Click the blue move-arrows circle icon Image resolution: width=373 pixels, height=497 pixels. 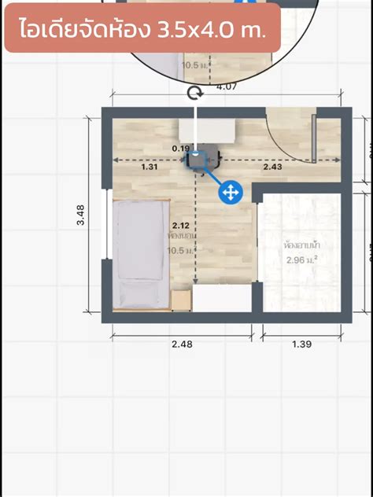(230, 192)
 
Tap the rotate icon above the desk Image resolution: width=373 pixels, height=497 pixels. (195, 94)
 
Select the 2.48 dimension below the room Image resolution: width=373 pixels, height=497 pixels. (182, 344)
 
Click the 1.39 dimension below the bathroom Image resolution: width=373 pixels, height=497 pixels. (302, 344)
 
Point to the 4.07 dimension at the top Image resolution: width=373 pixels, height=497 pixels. (226, 86)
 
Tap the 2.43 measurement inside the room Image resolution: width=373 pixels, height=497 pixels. (273, 167)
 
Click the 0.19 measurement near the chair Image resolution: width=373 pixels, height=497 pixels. (180, 148)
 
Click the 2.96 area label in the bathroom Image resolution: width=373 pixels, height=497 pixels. (301, 260)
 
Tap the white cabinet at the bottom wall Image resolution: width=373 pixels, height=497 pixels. (221, 299)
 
